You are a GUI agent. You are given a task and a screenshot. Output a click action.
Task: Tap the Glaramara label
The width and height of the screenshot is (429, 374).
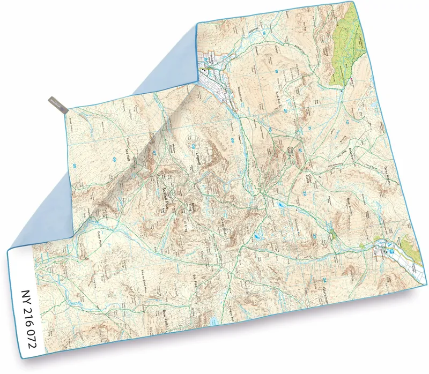coord(326,293)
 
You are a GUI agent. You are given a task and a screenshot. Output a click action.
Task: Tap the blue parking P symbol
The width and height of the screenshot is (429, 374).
coord(392,251)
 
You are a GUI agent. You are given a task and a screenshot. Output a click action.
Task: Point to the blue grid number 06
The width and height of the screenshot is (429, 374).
coord(114,159)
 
